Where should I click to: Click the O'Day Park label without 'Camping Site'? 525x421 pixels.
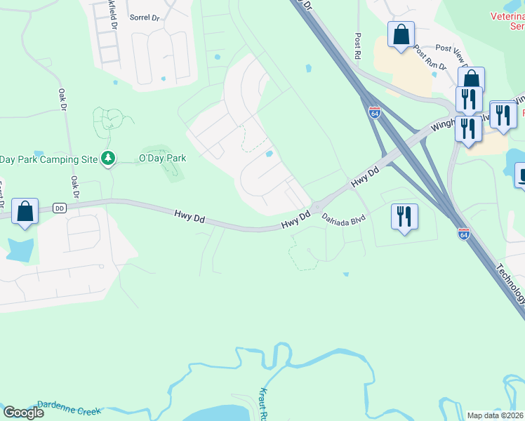[x=162, y=158]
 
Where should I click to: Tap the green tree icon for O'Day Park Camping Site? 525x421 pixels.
[x=108, y=159]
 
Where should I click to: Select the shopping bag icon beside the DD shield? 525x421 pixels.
[x=25, y=211]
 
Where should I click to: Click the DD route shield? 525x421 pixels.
[x=59, y=208]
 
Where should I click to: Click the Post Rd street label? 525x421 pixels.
[x=358, y=44]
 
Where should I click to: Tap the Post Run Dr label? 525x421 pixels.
[x=430, y=58]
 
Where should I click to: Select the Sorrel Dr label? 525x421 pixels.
[x=145, y=16]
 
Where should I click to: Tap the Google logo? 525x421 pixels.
[x=23, y=413]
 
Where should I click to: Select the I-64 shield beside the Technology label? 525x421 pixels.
[x=463, y=233]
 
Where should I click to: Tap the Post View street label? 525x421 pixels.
[x=453, y=49]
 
